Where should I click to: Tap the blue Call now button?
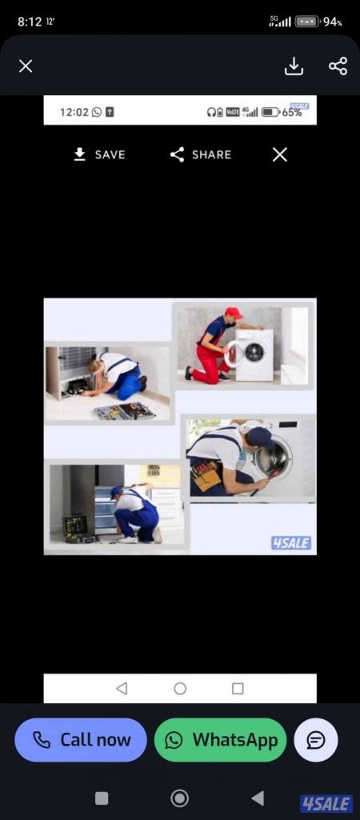click(x=81, y=739)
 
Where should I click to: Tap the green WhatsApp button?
click(x=220, y=739)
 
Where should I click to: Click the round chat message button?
click(x=316, y=739)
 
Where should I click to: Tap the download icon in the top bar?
click(x=294, y=66)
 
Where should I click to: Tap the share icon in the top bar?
click(x=338, y=66)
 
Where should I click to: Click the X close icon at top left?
click(x=25, y=66)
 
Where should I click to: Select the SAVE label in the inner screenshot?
click(x=110, y=154)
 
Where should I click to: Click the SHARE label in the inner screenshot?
click(x=211, y=154)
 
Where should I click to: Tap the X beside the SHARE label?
click(x=280, y=154)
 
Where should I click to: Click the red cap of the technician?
click(x=234, y=313)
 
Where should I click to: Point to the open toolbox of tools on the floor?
click(x=124, y=411)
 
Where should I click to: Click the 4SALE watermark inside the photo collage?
click(x=291, y=543)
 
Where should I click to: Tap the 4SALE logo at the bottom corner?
click(x=326, y=804)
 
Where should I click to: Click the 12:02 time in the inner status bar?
click(x=74, y=112)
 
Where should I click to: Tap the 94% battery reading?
click(x=332, y=22)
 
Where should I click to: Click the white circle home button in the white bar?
click(x=180, y=688)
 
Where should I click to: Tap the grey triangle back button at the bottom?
click(x=257, y=798)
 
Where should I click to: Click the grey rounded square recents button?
click(x=102, y=798)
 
